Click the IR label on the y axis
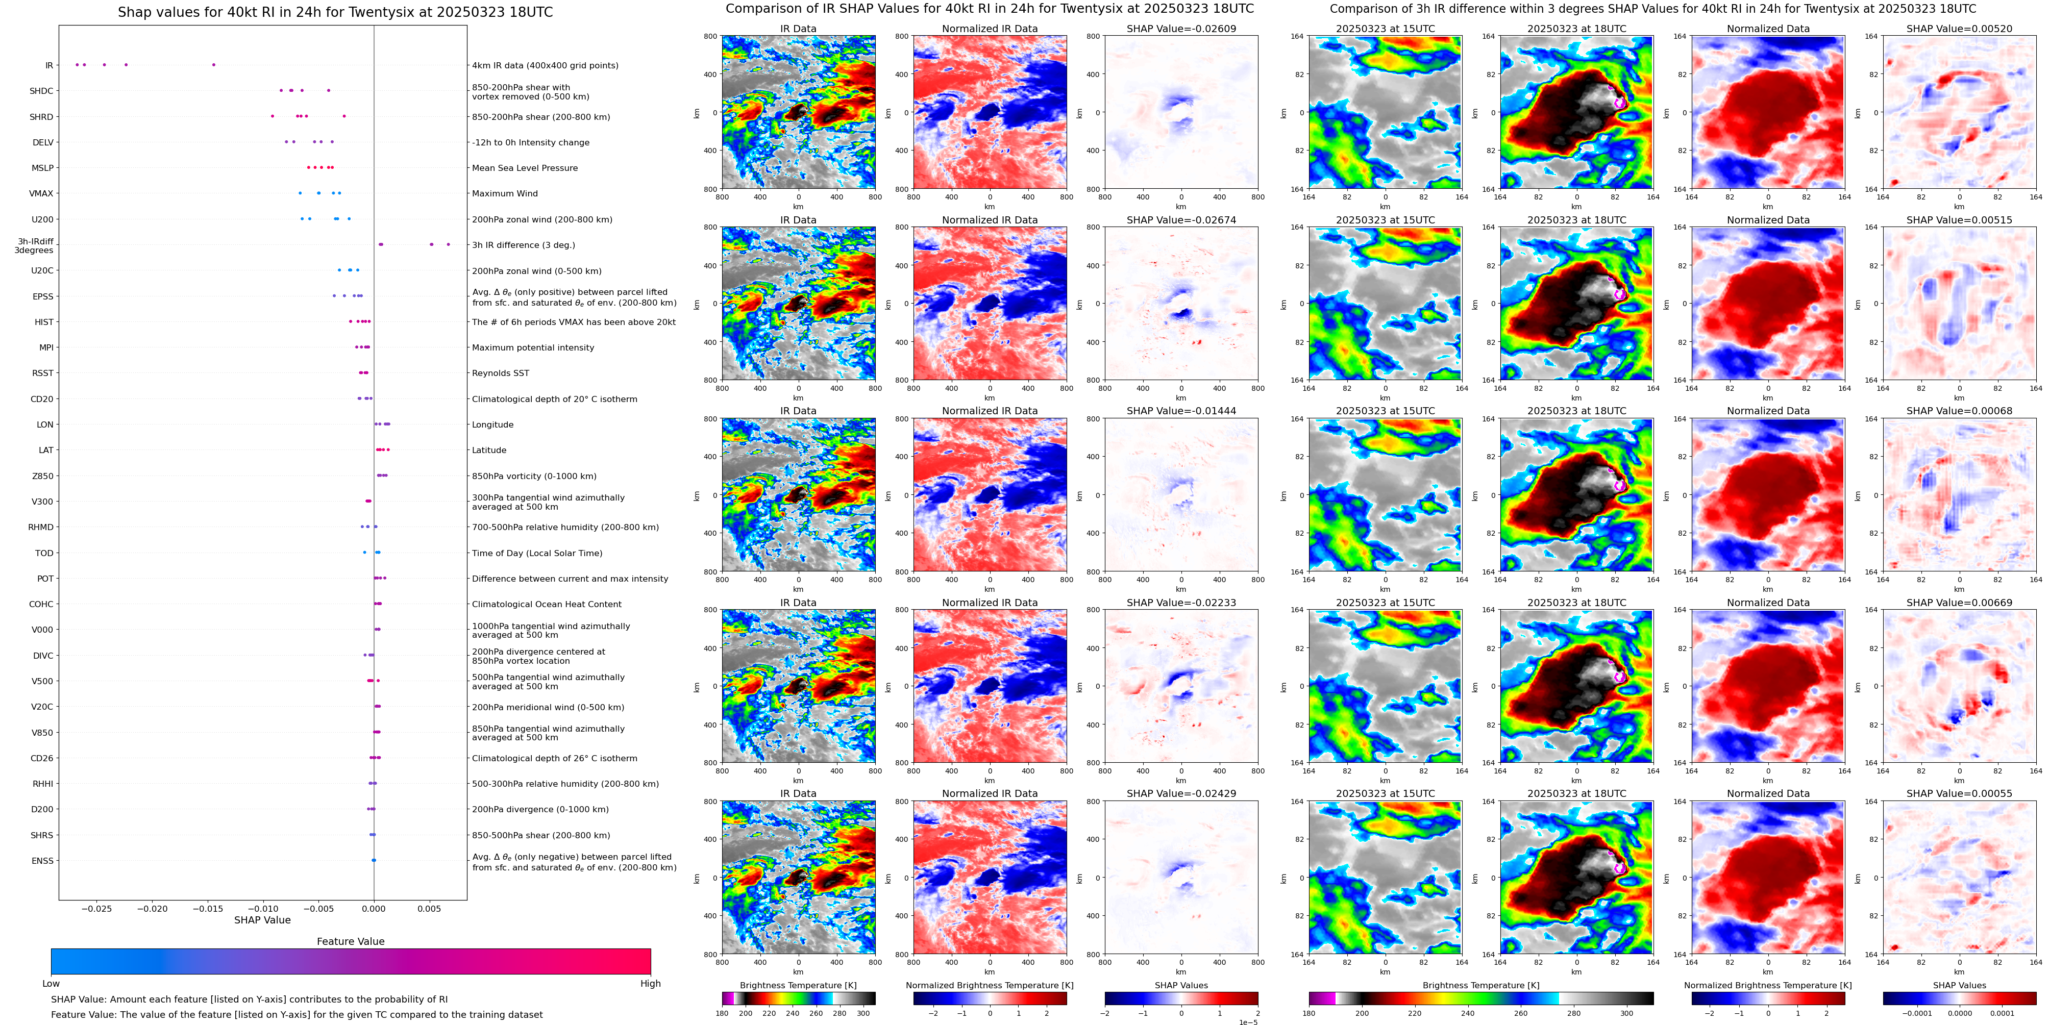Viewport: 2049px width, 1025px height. (x=48, y=65)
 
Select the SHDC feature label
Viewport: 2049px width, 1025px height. (x=41, y=91)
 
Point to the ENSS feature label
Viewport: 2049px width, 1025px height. (x=42, y=860)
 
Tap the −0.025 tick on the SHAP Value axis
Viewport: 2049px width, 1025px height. (x=97, y=908)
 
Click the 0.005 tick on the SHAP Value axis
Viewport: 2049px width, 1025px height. (x=429, y=908)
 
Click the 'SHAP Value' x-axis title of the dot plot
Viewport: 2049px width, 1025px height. (x=262, y=920)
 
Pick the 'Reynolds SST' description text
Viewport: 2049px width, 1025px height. (x=500, y=373)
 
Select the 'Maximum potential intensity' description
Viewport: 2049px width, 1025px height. (x=533, y=347)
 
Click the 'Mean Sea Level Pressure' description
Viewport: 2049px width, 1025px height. (x=525, y=168)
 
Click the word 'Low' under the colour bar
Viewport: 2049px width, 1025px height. (x=51, y=984)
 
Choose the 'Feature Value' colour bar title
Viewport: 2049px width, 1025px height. (x=351, y=941)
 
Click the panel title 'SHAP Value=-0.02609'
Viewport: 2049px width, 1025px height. (x=1181, y=29)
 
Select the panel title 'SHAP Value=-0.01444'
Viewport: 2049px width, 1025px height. (x=1181, y=411)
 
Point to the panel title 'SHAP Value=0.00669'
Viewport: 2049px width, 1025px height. (x=1959, y=603)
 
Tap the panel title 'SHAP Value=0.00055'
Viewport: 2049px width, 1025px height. (x=1959, y=793)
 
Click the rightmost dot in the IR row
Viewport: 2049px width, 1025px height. (x=213, y=64)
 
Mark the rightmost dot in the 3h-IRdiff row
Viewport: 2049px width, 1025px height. (x=449, y=244)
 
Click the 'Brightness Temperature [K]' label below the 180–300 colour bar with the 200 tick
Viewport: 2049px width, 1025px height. (x=798, y=985)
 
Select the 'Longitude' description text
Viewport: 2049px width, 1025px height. (x=492, y=424)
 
